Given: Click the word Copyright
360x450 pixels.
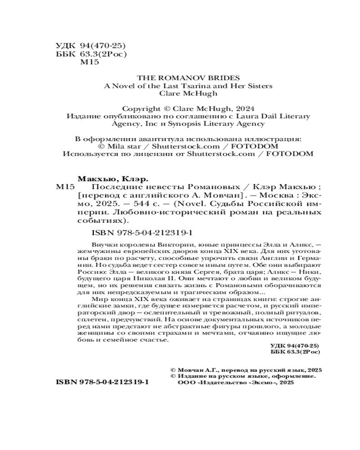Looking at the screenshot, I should tap(140, 108).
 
